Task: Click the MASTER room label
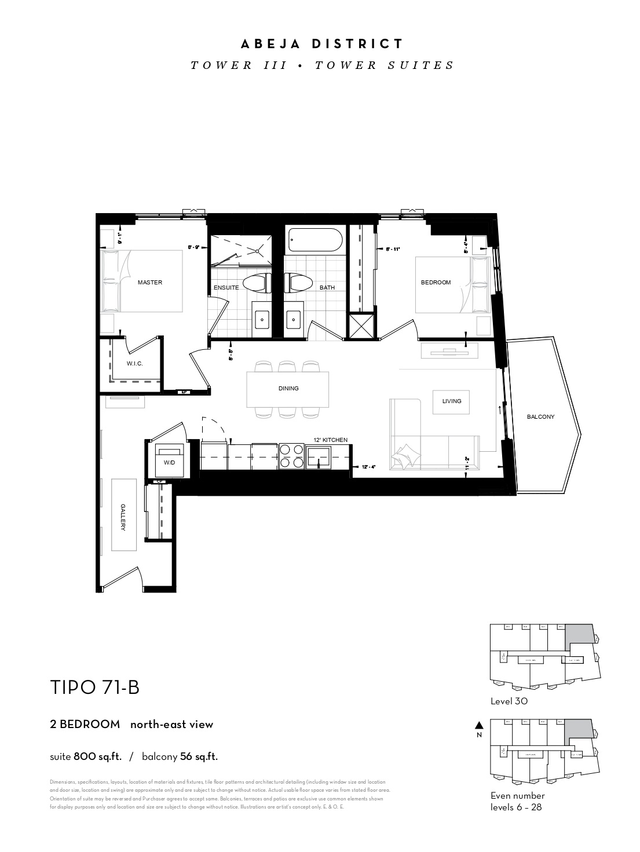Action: click(x=149, y=283)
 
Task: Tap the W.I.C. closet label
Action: click(x=134, y=363)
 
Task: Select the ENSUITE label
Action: click(x=226, y=287)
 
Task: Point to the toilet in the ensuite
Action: click(x=257, y=283)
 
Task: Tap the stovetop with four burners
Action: click(x=292, y=455)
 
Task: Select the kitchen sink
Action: click(x=319, y=456)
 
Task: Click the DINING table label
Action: click(x=288, y=388)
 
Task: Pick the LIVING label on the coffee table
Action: click(x=452, y=401)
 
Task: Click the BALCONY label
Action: click(x=540, y=416)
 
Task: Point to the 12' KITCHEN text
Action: click(x=331, y=440)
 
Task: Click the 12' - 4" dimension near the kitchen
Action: click(x=369, y=467)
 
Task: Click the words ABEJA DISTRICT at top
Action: click(x=322, y=44)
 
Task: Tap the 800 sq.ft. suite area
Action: click(x=97, y=756)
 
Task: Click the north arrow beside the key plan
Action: click(x=478, y=725)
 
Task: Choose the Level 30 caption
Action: click(x=509, y=701)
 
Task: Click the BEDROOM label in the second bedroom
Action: click(x=436, y=283)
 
